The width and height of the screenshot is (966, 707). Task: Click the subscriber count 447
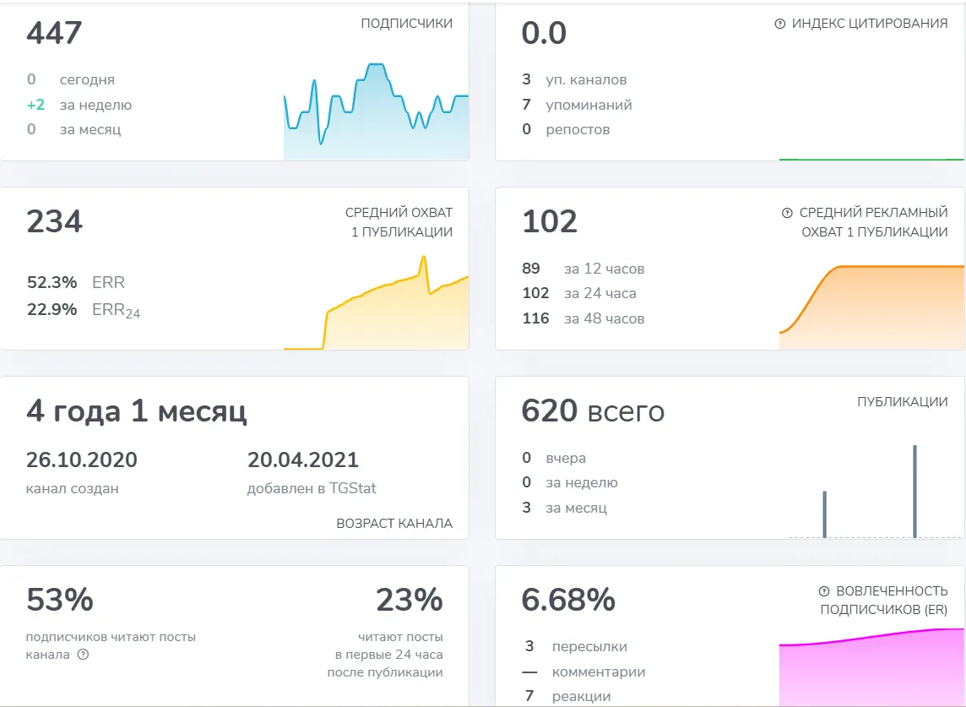coord(54,33)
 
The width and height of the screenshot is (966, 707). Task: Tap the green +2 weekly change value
coord(35,105)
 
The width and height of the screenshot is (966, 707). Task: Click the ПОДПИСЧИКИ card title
coord(407,24)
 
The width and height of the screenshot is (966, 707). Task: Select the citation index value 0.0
coord(544,33)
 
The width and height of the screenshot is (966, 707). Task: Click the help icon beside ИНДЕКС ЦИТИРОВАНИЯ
coord(780,24)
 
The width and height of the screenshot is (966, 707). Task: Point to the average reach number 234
coord(54,222)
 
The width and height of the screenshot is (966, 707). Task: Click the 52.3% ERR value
coord(52,282)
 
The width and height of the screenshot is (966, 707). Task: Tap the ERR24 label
coord(116,310)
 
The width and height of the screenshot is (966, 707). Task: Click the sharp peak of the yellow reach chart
coord(423,257)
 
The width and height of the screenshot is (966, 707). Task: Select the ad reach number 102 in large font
coord(550,222)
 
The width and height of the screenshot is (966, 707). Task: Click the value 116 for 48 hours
coord(535,318)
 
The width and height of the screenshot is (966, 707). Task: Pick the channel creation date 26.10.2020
coord(81,460)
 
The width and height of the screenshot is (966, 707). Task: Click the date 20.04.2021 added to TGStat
coord(302,460)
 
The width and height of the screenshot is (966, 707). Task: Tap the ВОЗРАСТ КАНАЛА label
coord(394,524)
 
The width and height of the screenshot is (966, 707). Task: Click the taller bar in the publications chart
coord(914,492)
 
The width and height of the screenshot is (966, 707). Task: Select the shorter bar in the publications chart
coord(824,514)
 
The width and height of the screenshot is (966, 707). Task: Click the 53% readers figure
coord(60,600)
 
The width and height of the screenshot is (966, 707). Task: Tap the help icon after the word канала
coord(83,654)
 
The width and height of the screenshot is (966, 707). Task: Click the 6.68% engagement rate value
coord(568,600)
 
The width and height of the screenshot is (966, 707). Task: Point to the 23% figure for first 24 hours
coord(409,600)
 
